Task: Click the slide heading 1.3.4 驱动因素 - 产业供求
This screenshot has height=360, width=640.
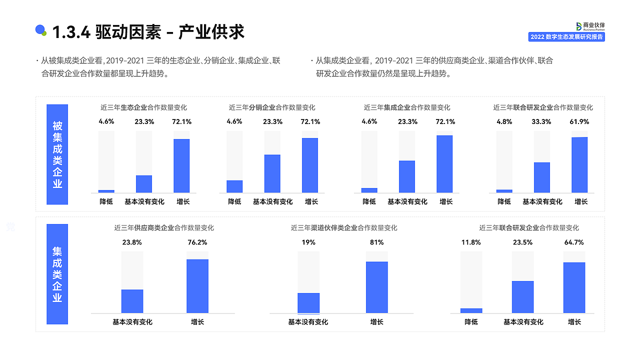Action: (148, 32)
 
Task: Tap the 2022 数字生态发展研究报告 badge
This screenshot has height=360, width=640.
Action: (566, 37)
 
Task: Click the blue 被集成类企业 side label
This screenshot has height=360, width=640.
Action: (57, 154)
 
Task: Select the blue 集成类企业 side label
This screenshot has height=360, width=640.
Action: (57, 274)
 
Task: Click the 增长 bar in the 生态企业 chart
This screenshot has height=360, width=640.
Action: (181, 165)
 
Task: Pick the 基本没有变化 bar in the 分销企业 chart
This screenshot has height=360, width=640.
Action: (272, 173)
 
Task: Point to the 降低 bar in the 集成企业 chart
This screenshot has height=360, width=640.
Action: (369, 190)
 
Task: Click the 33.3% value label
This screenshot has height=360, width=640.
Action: (541, 121)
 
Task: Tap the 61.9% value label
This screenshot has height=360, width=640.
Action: (579, 121)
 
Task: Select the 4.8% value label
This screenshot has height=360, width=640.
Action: (504, 121)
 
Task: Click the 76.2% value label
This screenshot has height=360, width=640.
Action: (197, 242)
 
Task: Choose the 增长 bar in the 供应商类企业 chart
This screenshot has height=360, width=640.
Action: (197, 286)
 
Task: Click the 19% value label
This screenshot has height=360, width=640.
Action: (308, 242)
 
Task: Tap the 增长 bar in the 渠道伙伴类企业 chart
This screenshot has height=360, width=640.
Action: (376, 287)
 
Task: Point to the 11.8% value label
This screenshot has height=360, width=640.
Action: (471, 242)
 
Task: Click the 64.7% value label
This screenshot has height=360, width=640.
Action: (574, 242)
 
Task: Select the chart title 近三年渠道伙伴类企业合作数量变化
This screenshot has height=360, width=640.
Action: (344, 228)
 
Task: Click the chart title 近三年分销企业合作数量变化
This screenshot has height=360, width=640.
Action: (272, 107)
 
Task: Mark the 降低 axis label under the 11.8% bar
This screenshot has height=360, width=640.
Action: (471, 322)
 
